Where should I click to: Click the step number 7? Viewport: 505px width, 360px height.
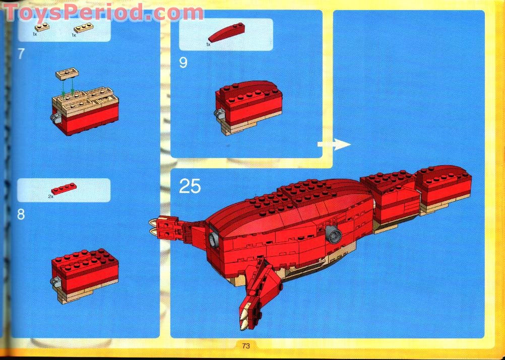point(21,54)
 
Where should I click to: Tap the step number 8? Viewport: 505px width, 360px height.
point(21,214)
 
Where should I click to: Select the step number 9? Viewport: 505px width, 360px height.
point(183,62)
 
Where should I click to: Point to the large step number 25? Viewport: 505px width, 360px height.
point(190,186)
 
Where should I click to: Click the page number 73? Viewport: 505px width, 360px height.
point(246,346)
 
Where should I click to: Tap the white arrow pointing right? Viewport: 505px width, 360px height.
point(334,145)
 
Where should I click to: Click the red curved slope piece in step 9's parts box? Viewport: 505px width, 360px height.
point(226,32)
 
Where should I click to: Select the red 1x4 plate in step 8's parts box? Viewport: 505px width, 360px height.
point(64,188)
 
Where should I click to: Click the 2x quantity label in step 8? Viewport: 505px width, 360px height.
point(50,196)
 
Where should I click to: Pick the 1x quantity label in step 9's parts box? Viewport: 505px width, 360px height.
point(208,44)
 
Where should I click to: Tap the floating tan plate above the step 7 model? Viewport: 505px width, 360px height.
point(67,74)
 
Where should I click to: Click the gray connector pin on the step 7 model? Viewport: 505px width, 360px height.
point(55,118)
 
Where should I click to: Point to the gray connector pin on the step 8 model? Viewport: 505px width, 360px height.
point(55,282)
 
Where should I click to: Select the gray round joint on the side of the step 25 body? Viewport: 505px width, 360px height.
point(334,234)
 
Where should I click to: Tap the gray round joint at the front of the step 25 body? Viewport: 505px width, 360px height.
point(213,239)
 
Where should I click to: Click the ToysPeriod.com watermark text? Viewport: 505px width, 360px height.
point(103,13)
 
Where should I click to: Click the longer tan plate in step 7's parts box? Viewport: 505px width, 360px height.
point(84,28)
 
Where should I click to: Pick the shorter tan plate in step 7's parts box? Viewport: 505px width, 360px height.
point(42,27)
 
